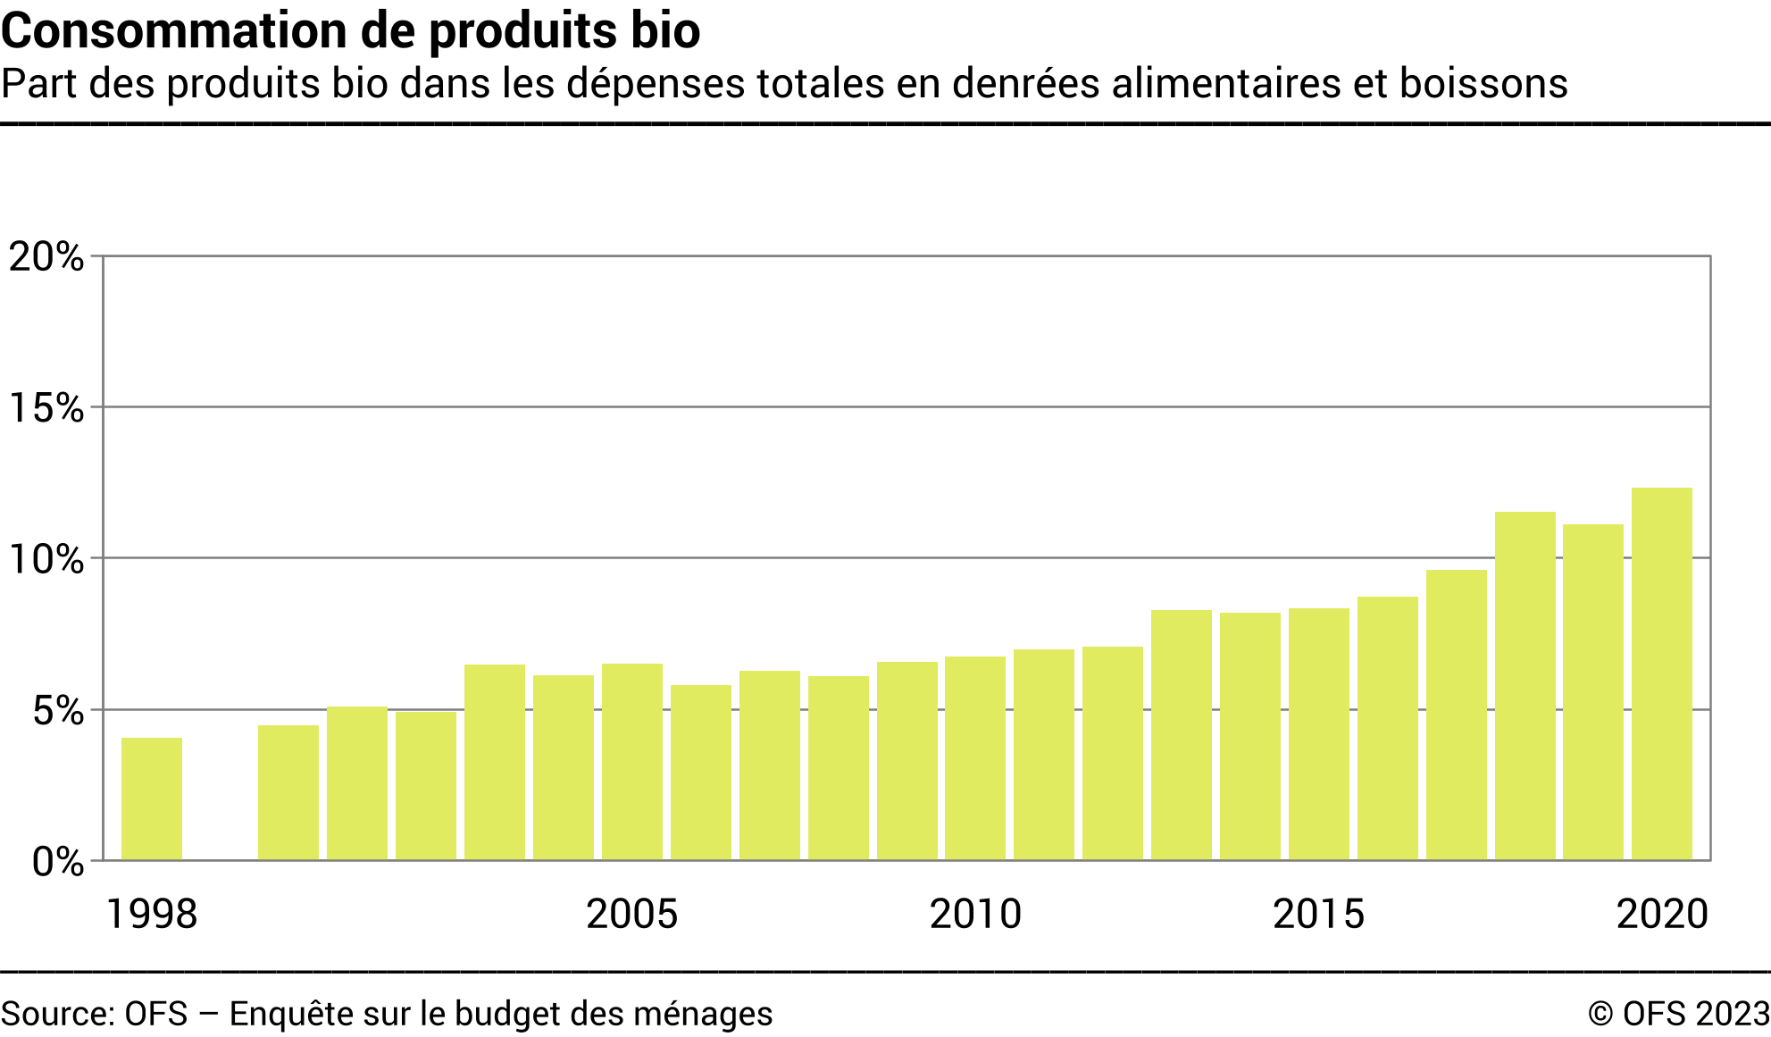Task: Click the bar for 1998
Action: [152, 799]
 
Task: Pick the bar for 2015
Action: [1318, 733]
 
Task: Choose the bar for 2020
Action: [1661, 673]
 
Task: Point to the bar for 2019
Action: [1593, 691]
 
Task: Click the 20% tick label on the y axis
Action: [46, 257]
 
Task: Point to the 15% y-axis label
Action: [46, 408]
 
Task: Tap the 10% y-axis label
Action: [46, 560]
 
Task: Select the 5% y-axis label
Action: [58, 711]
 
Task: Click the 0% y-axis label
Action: [58, 862]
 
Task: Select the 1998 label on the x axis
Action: [152, 914]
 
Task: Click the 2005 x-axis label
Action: [632, 914]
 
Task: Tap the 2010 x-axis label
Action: [975, 914]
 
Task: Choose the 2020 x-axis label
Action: [1662, 914]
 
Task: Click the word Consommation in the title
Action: [174, 30]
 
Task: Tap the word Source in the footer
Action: [56, 1014]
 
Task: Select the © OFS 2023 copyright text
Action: [1678, 1014]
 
